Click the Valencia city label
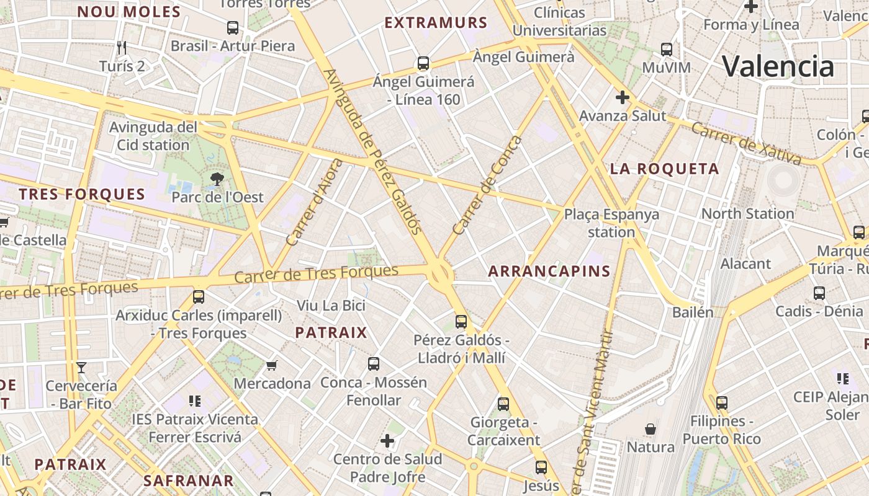778,66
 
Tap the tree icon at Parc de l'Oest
217,180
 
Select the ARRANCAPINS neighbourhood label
549,271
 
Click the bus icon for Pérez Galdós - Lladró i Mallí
461,321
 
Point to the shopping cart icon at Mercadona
271,365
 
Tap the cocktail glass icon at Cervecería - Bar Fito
81,368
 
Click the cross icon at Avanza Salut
622,97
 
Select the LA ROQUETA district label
664,169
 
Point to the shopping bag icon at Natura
651,428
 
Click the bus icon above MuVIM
666,49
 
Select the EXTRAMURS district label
436,23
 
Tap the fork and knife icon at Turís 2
122,47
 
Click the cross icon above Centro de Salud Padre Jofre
387,441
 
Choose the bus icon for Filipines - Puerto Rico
721,402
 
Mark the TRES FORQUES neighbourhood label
81,194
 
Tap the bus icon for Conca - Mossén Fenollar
373,364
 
